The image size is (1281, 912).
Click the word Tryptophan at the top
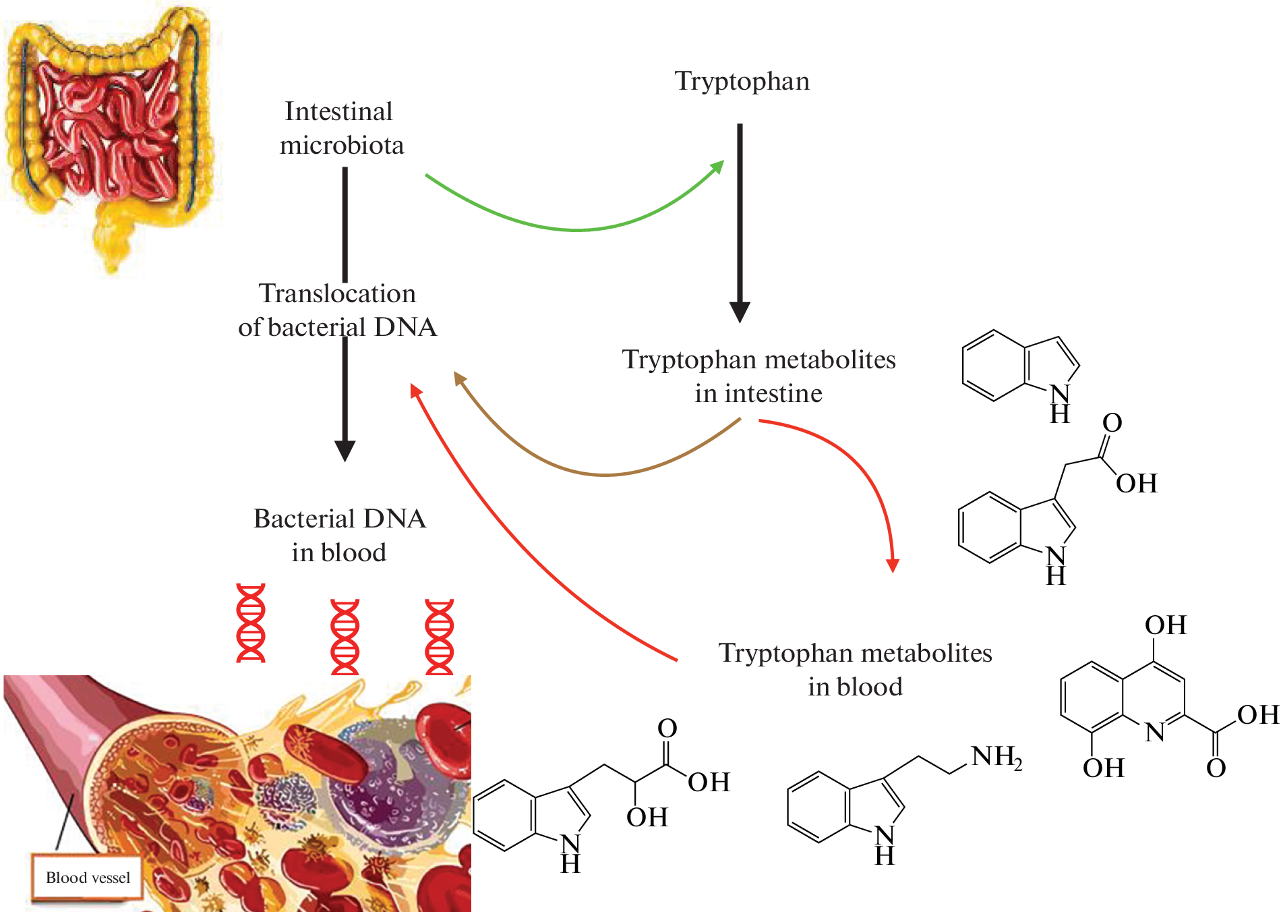point(742,82)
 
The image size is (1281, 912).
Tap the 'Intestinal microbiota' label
point(341,128)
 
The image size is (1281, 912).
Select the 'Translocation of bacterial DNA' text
point(337,310)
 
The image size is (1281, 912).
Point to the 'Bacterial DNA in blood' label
point(339,536)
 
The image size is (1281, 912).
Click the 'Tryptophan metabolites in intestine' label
point(758,376)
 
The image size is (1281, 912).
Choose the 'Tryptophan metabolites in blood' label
point(855,670)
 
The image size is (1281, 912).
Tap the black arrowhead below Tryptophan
point(740,312)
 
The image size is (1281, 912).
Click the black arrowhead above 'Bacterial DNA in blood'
point(345,451)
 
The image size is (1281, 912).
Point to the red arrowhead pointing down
point(893,565)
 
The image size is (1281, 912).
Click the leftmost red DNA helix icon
point(251,623)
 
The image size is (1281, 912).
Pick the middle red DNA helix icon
point(345,637)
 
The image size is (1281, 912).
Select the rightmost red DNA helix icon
point(439,637)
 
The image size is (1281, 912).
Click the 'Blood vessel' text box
point(88,878)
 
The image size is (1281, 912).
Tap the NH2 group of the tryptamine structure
point(996,758)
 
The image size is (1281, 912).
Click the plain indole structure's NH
point(1059,403)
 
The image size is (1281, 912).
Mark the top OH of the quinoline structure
point(1165,625)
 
